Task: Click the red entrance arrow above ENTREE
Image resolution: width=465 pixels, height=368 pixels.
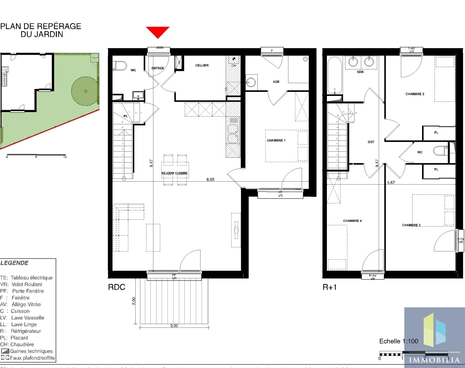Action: [x=157, y=32]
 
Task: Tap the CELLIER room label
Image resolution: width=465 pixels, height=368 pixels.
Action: [x=202, y=65]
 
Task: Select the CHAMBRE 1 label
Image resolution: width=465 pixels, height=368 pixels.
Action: [x=276, y=140]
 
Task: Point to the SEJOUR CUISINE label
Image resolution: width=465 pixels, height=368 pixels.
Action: [x=175, y=173]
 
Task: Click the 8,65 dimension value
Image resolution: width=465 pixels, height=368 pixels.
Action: [x=210, y=180]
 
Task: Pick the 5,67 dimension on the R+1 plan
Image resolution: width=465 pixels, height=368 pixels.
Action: [x=391, y=183]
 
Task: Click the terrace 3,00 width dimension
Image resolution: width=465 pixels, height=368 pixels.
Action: [x=174, y=326]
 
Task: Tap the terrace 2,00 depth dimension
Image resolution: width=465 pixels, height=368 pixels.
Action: [x=134, y=301]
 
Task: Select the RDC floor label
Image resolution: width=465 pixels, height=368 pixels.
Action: [x=117, y=287]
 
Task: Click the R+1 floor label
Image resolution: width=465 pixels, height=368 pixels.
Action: [x=329, y=287]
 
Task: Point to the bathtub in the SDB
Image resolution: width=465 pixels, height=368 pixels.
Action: [x=334, y=75]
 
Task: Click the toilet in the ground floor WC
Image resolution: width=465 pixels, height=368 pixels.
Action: [x=120, y=65]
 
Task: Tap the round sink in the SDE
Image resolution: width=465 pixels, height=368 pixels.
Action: [x=251, y=82]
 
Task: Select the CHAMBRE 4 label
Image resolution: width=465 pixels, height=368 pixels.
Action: [x=352, y=221]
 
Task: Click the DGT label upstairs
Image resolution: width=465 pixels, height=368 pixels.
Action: [x=371, y=142]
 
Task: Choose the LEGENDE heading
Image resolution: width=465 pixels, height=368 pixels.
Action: [x=14, y=263]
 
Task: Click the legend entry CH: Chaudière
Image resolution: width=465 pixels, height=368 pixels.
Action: [x=17, y=344]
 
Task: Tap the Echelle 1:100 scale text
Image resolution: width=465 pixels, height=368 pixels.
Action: [x=399, y=341]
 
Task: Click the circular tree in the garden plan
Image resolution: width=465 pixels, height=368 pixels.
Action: [x=85, y=91]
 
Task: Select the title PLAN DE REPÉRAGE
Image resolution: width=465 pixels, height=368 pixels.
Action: [x=41, y=26]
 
